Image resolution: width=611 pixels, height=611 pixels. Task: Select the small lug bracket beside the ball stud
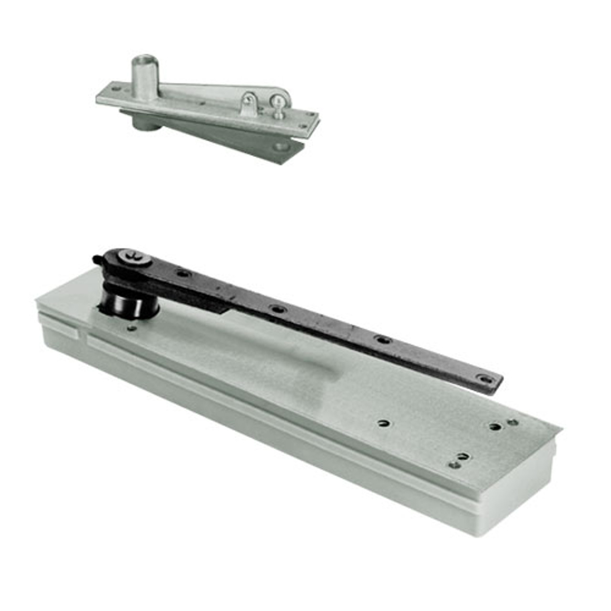click(x=249, y=104)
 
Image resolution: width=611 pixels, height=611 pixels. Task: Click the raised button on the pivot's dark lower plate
click(x=281, y=146)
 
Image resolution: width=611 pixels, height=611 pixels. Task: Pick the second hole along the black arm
click(x=276, y=309)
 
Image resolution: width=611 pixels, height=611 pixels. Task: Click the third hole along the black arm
click(x=382, y=340)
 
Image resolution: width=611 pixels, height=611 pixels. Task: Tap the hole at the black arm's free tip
click(x=485, y=379)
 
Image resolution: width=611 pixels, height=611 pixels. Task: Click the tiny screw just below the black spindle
click(x=132, y=328)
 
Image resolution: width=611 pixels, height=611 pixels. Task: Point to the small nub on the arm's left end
click(x=96, y=259)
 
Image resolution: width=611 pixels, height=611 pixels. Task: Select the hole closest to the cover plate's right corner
click(x=513, y=422)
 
